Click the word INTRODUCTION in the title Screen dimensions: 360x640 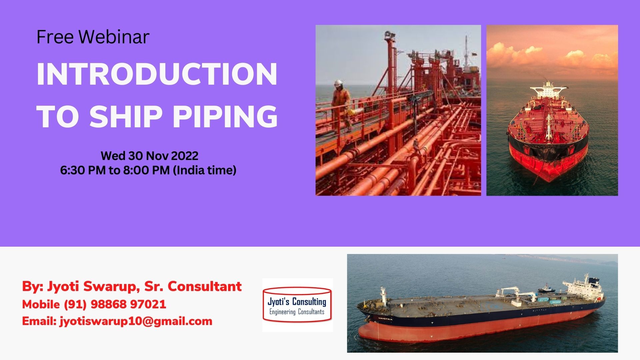coord(157,74)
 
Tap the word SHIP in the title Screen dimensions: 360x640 coord(126,116)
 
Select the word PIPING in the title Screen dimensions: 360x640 coord(225,116)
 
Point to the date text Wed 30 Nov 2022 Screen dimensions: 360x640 coord(149,156)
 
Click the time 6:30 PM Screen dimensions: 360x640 coord(83,170)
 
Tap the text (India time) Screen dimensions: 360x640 coord(204,170)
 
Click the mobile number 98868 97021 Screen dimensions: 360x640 coord(128,304)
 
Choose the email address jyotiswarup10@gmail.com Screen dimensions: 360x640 coord(136,321)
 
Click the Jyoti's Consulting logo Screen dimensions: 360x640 coord(297,305)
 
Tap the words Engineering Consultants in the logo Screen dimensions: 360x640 coord(297,312)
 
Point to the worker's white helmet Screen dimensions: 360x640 coord(338,83)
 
